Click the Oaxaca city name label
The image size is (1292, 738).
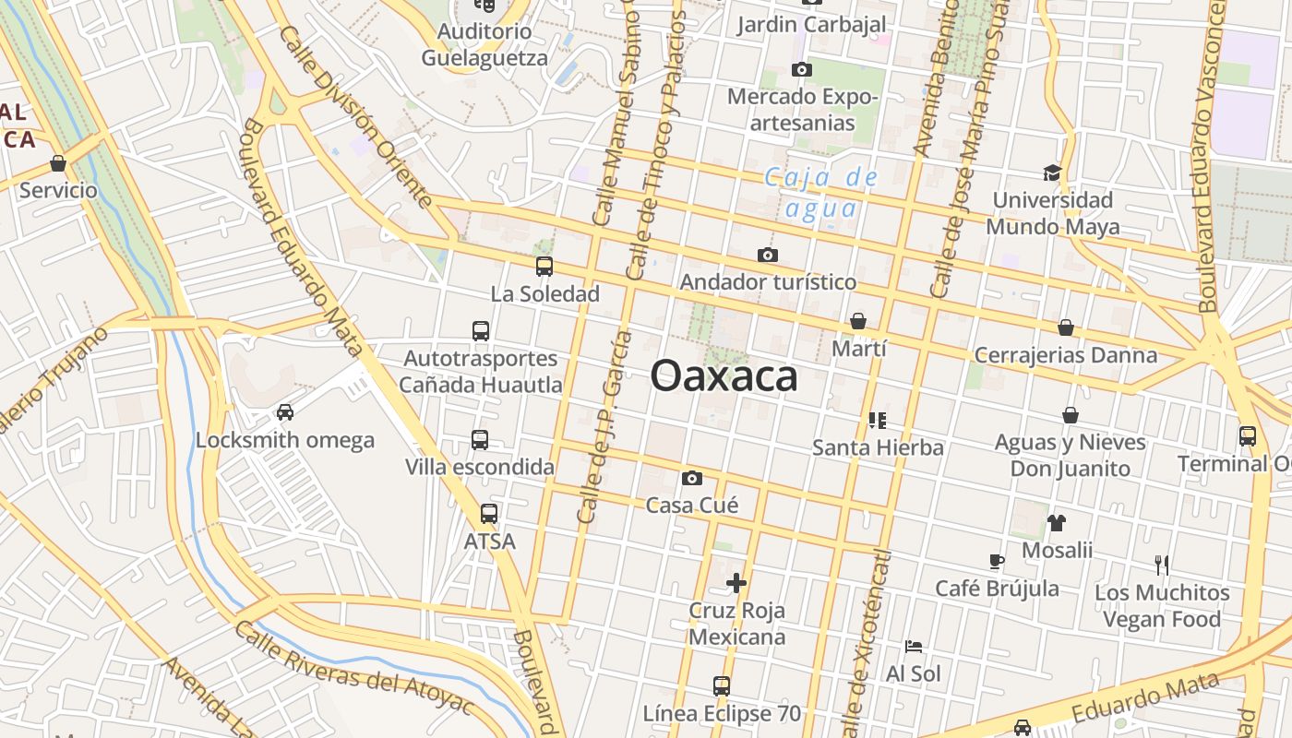coord(724,376)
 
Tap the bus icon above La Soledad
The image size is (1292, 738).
coord(544,267)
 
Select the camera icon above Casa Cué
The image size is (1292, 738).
coord(692,478)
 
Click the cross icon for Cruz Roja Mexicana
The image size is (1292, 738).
coord(736,583)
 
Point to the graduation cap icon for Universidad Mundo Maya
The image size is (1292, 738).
coord(1052,173)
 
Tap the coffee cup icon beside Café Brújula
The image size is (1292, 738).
coord(997,560)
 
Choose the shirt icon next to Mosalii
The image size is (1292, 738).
coord(1057,523)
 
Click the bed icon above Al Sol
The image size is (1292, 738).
coord(914,646)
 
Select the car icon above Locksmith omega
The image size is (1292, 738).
coord(285,412)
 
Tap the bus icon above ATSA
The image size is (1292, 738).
coord(489,514)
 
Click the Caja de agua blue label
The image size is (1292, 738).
coord(820,192)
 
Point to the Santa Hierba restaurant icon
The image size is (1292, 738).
coord(878,421)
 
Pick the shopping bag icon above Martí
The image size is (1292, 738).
coord(858,321)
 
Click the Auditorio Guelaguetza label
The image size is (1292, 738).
coord(484,44)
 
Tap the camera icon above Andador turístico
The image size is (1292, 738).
coord(768,255)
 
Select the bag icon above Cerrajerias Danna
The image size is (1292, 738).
coord(1066,327)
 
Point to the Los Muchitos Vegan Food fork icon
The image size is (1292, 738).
coord(1162,565)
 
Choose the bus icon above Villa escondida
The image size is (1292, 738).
coord(480,440)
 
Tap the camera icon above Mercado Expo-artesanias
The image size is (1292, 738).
coord(802,69)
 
